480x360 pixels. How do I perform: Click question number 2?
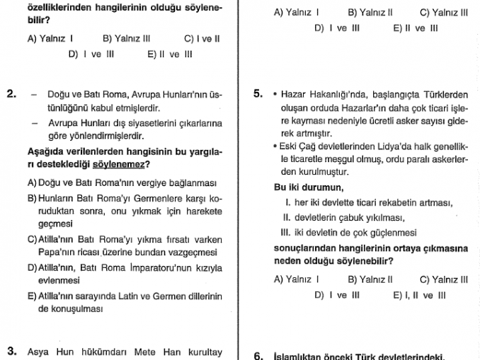(11, 93)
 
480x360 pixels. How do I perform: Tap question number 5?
(258, 93)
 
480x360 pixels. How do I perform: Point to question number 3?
(11, 350)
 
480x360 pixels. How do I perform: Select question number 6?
(258, 356)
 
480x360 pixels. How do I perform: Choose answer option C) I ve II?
(202, 39)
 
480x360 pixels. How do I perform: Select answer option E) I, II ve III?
(419, 295)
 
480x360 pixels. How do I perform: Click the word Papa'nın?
(44, 252)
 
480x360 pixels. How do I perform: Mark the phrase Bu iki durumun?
(309, 187)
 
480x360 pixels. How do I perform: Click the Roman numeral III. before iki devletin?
(286, 232)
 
